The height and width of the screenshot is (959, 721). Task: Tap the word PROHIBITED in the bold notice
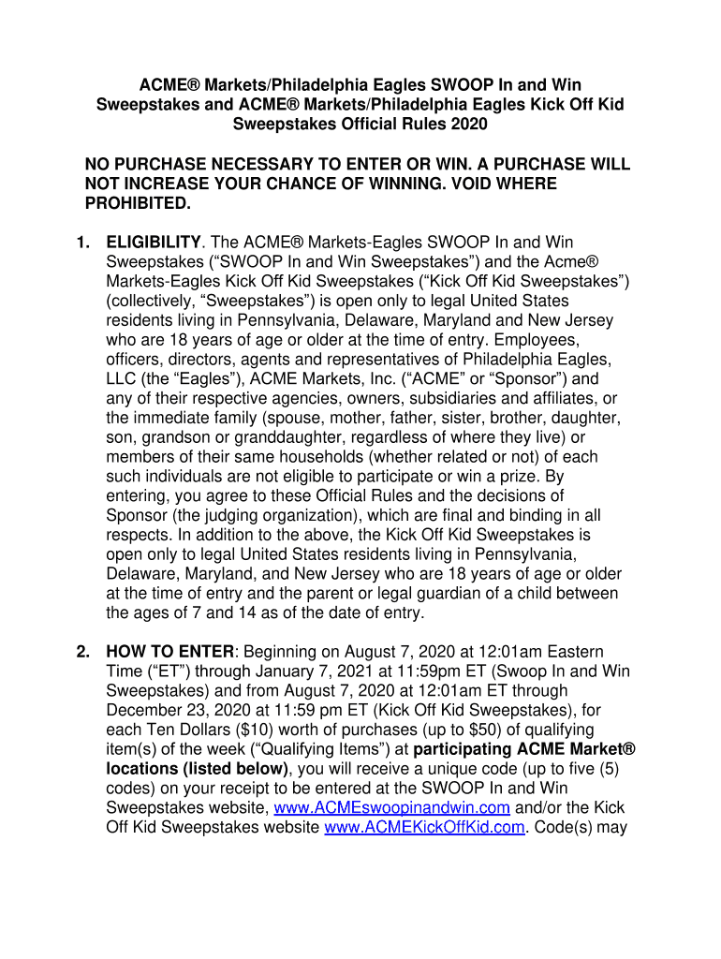138,203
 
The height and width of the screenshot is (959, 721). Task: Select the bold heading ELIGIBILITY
154,243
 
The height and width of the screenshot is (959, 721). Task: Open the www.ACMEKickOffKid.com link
424,827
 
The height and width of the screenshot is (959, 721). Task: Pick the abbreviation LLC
123,379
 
